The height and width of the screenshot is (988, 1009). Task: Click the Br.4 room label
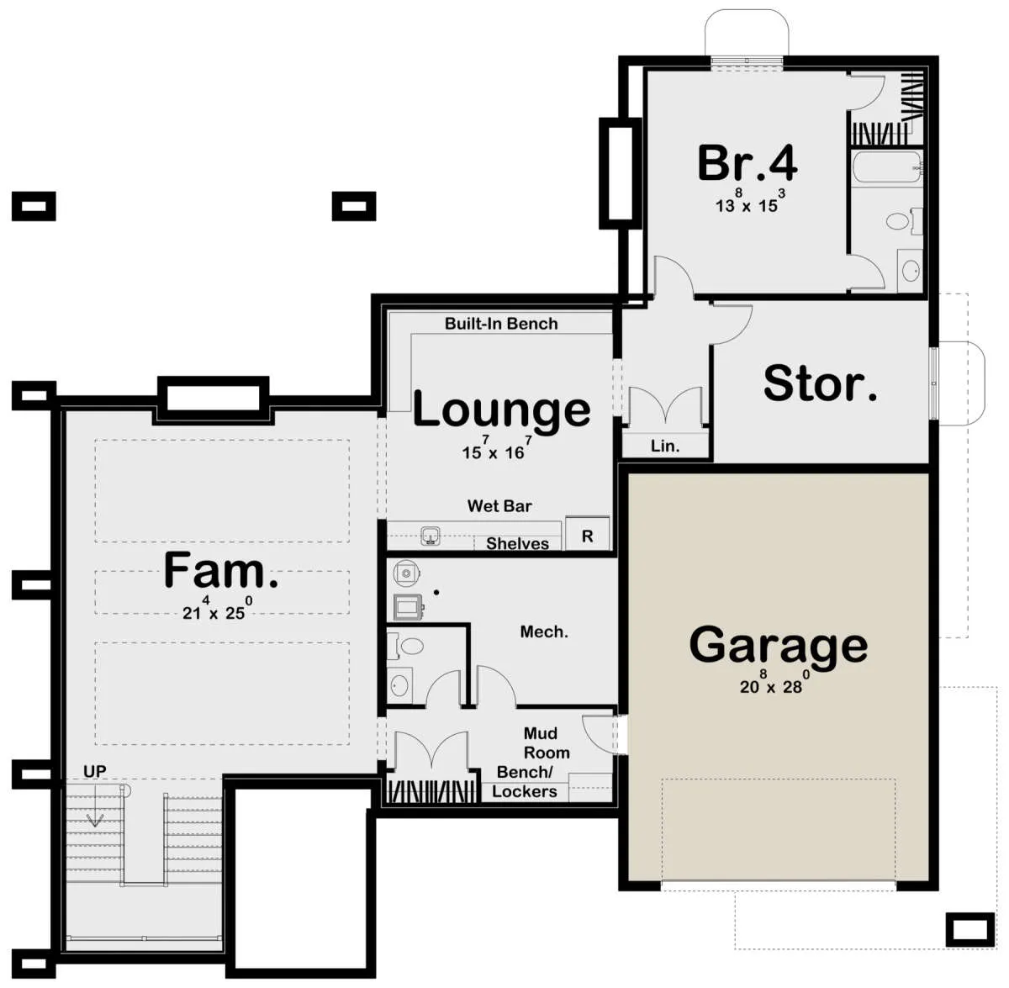click(748, 163)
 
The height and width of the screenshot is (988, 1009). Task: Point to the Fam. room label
click(221, 570)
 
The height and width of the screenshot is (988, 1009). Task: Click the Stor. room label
click(820, 383)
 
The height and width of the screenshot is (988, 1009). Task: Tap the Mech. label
click(544, 631)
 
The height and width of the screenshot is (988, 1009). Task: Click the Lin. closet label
click(665, 446)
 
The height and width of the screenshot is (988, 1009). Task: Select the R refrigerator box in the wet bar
click(588, 534)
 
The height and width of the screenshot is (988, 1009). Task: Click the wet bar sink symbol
click(431, 536)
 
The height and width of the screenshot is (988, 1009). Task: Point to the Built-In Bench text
click(501, 324)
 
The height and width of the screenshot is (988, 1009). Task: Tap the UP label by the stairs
click(95, 771)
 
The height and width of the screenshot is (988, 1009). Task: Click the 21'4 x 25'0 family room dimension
click(217, 608)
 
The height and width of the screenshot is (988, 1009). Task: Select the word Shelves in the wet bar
click(517, 544)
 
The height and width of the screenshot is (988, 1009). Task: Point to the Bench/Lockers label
click(525, 782)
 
